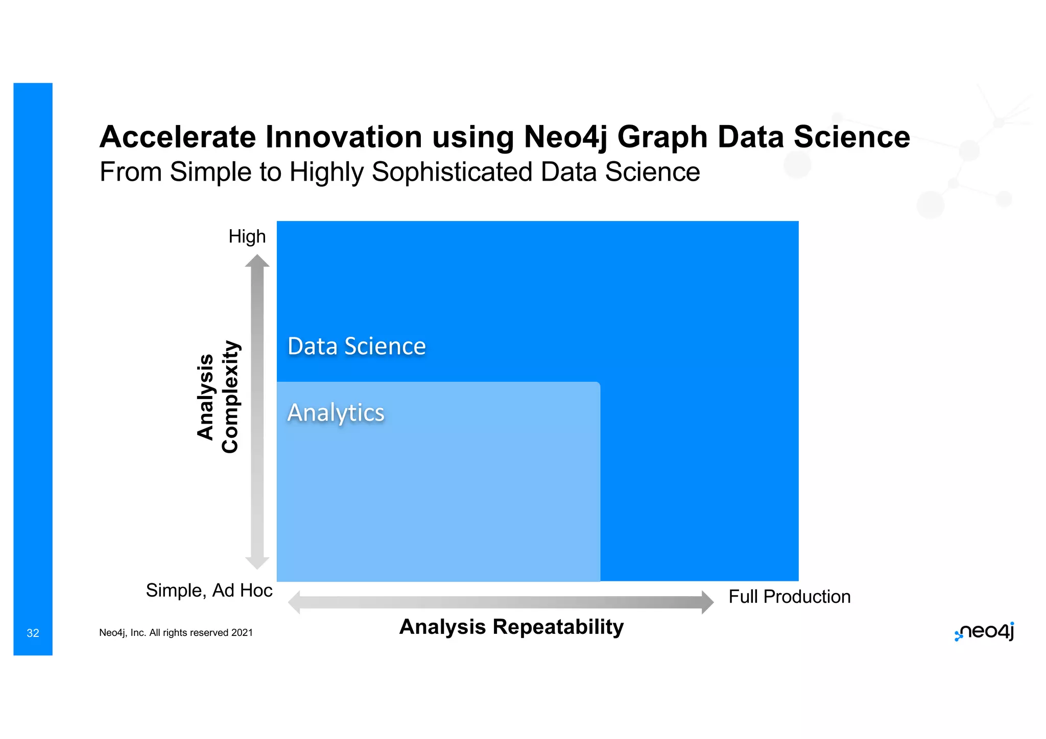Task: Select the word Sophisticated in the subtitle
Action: click(x=451, y=171)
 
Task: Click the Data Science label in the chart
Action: click(x=356, y=346)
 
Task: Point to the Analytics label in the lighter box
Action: click(x=336, y=412)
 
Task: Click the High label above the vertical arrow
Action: click(x=247, y=236)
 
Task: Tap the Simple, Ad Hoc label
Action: click(x=209, y=590)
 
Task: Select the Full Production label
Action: click(x=789, y=596)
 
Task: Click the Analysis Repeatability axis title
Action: click(x=511, y=626)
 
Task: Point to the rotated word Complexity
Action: click(x=230, y=397)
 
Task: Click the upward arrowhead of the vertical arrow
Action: click(x=257, y=261)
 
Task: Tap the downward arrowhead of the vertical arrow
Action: click(x=257, y=563)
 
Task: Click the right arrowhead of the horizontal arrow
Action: click(x=707, y=602)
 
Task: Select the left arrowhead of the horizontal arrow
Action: click(x=294, y=602)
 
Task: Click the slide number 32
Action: click(x=33, y=633)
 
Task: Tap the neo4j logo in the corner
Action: click(x=984, y=632)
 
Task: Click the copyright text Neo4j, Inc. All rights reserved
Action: click(x=163, y=632)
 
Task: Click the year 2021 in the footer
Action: click(x=242, y=632)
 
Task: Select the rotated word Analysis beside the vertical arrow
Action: click(x=205, y=397)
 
